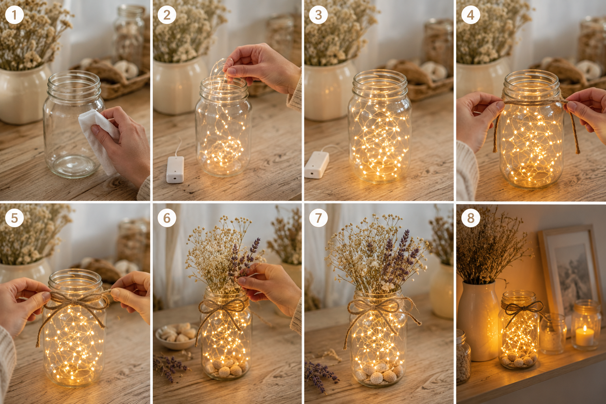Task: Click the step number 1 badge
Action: [14, 15]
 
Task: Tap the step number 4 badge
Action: [471, 15]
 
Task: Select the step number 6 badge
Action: [166, 218]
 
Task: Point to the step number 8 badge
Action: [471, 218]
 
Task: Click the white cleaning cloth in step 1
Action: [99, 141]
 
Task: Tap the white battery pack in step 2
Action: [175, 169]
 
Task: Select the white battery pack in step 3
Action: [317, 165]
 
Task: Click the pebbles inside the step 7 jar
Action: [379, 372]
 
